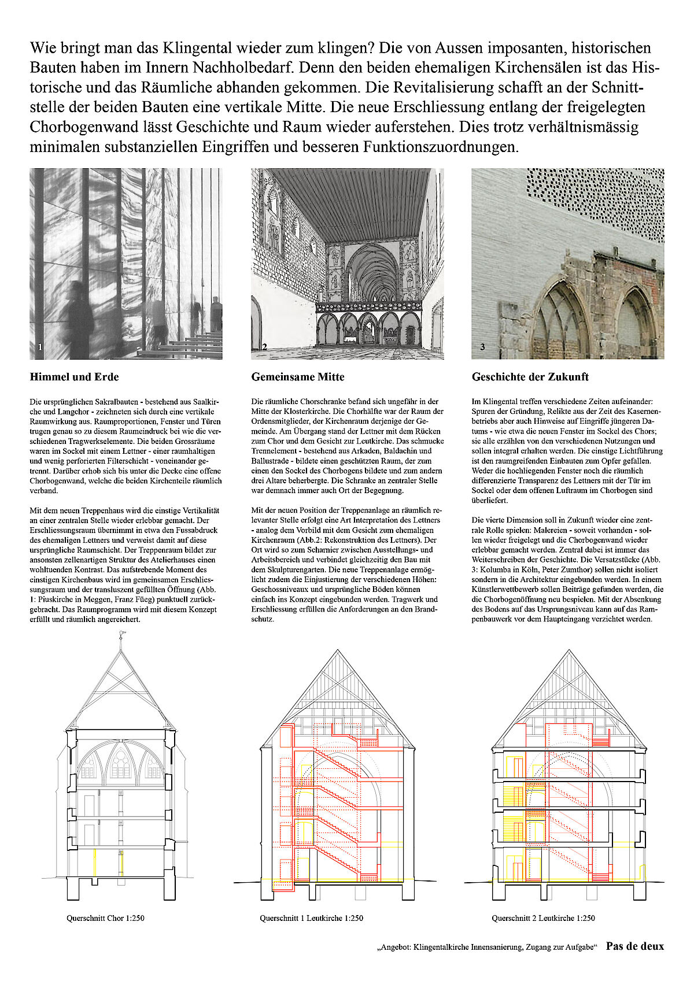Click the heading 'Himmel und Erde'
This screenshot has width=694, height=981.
point(74,377)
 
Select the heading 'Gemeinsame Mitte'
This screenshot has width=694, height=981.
point(297,377)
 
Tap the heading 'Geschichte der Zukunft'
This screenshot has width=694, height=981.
point(530,377)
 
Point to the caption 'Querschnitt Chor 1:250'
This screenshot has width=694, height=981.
point(105,917)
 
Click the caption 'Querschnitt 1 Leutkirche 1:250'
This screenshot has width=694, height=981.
point(311,917)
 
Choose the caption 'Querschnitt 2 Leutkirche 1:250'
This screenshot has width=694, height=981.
point(543,917)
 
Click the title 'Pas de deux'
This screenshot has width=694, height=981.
point(634,946)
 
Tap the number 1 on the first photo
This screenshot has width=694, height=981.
point(39,347)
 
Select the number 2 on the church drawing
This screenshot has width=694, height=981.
point(264,347)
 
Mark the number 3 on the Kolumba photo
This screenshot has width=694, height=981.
point(482,347)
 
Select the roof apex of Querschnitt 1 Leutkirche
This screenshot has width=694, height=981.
point(338,650)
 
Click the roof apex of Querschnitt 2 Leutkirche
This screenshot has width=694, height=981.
point(568,650)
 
